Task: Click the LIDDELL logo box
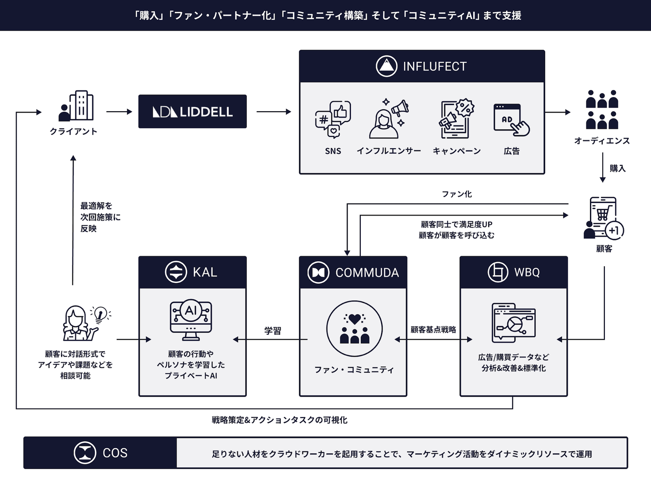(x=193, y=112)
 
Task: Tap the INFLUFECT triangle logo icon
(x=387, y=66)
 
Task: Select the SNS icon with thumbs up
(x=333, y=119)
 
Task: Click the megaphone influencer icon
(x=388, y=118)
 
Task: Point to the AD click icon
(x=511, y=120)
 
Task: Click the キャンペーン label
(x=457, y=151)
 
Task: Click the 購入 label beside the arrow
(x=618, y=169)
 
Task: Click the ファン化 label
(x=457, y=194)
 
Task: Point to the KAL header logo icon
(x=176, y=272)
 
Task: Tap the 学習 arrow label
(x=273, y=331)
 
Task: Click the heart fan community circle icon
(x=354, y=328)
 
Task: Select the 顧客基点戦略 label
(x=433, y=330)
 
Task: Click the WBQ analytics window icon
(x=514, y=323)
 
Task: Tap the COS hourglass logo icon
(x=85, y=453)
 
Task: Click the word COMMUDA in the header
(x=367, y=272)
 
